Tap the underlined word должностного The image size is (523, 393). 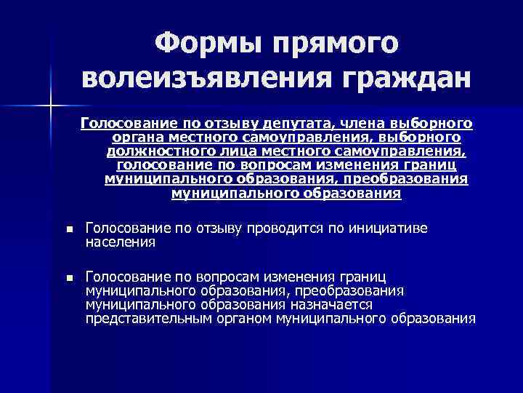point(153,151)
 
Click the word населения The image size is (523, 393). point(120,242)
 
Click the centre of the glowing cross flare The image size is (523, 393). point(51,107)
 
